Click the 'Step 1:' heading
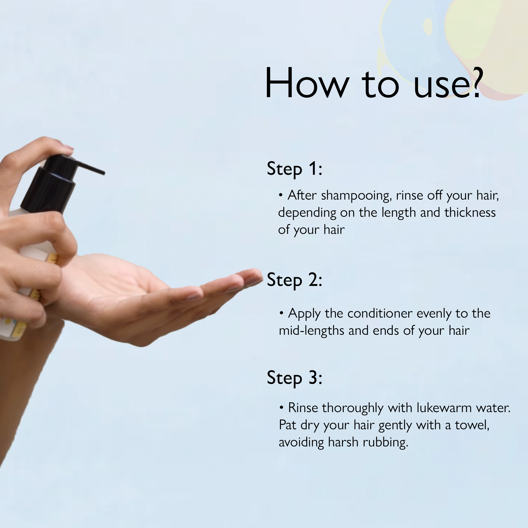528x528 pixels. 294,169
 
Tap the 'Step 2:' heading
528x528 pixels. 294,280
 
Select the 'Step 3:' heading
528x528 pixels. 294,378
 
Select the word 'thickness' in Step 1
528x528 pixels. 470,213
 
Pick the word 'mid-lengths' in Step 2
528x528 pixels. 311,331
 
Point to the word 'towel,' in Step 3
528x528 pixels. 472,425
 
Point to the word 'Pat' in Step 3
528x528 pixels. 287,425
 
